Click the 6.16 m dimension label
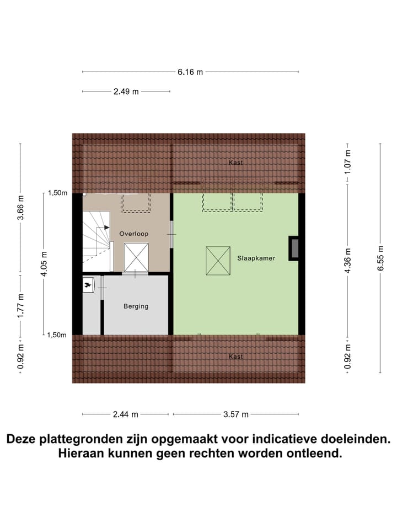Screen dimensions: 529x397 point(190,72)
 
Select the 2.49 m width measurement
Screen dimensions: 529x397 point(126,91)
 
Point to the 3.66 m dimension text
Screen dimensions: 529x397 point(20,208)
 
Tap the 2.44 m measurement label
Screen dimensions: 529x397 point(126,414)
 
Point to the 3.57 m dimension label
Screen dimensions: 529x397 point(236,414)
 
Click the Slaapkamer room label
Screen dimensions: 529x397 point(256,257)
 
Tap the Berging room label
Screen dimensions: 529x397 point(136,306)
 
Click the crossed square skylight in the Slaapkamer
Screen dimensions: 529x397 point(218,261)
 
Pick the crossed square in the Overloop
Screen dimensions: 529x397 point(136,257)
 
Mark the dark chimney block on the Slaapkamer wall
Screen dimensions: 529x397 point(294,247)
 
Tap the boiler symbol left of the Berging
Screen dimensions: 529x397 point(88,285)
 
